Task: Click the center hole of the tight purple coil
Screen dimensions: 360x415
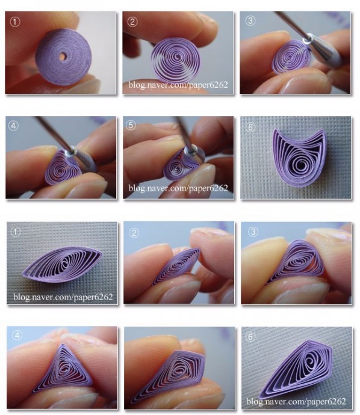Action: point(62,57)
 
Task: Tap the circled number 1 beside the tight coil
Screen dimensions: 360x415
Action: point(15,22)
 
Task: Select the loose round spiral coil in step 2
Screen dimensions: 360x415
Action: point(175,60)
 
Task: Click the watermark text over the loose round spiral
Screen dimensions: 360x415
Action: point(178,85)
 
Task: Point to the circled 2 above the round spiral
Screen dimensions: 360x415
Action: point(132,22)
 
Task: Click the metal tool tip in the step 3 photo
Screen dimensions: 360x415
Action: point(308,40)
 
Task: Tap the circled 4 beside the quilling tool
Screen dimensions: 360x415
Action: point(13,126)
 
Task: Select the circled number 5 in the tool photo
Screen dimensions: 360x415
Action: point(131,125)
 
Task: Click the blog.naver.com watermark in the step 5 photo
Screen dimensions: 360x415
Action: point(178,188)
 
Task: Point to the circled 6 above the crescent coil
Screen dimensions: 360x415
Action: point(250,128)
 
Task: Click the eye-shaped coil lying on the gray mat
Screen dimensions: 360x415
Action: point(62,265)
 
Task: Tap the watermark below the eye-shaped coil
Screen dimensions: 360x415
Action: point(63,297)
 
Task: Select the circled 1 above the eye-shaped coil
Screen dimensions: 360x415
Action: point(16,232)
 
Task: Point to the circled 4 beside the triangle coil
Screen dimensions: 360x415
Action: point(17,336)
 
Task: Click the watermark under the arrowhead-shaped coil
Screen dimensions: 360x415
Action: point(296,401)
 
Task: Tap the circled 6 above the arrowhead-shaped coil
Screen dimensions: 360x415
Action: point(251,337)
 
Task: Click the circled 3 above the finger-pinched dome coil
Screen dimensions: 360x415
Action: point(253,232)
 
